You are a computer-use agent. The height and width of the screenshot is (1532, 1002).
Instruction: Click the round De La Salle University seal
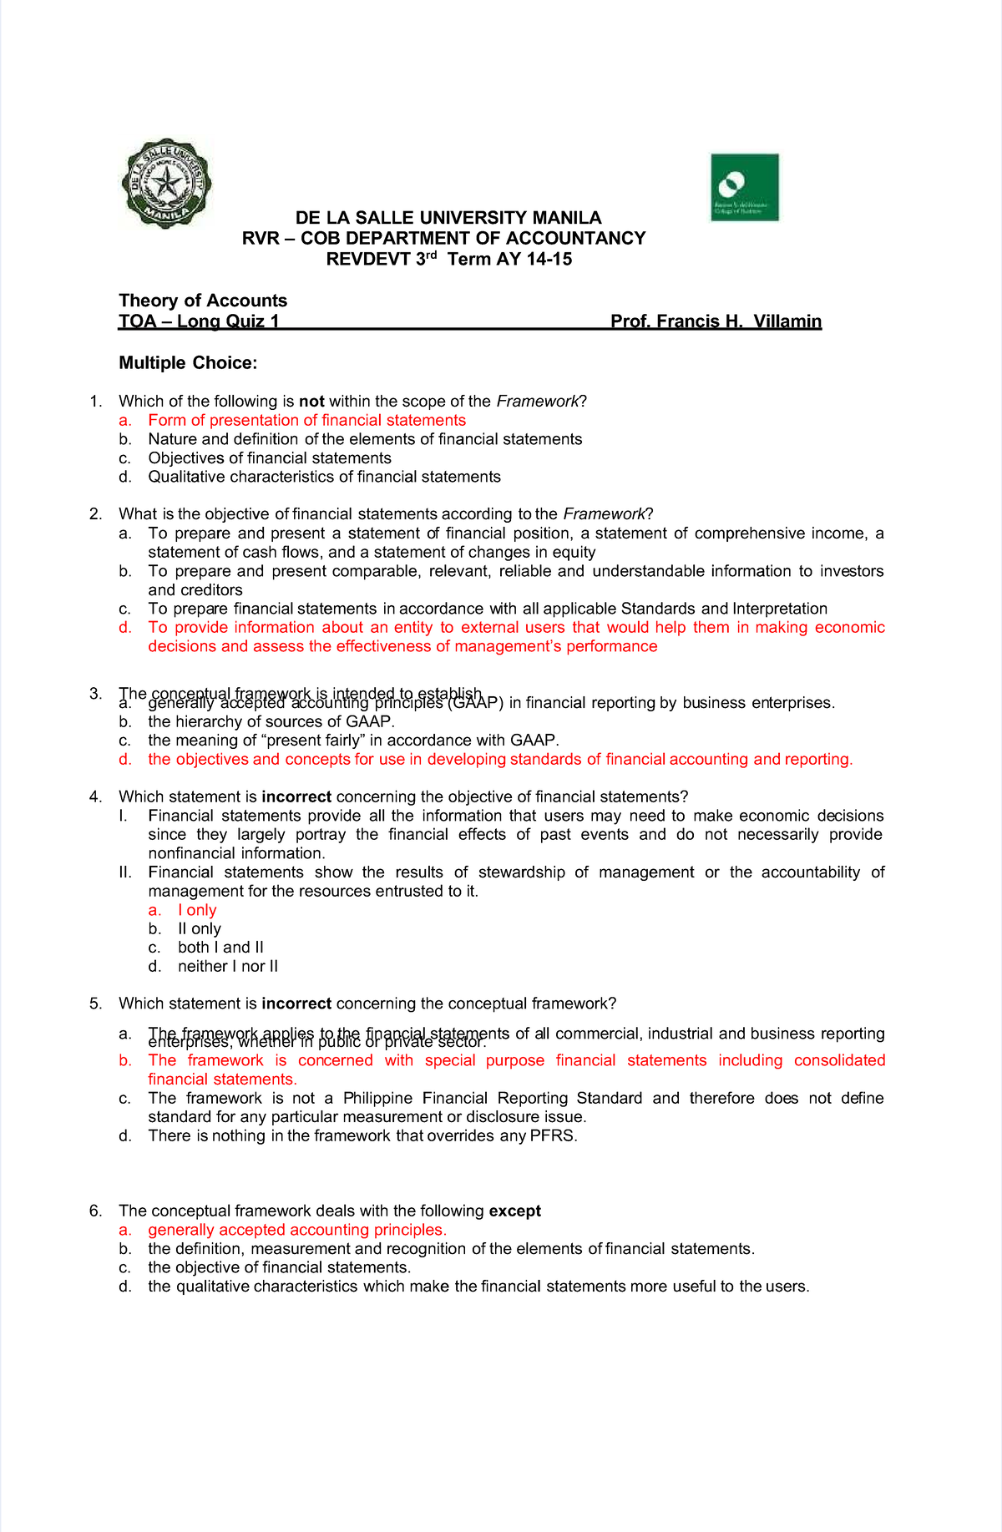click(166, 184)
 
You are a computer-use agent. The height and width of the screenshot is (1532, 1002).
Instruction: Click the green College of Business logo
click(744, 187)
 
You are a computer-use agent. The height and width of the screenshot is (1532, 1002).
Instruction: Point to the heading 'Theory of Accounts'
click(203, 301)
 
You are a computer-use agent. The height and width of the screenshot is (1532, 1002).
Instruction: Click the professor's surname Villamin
click(787, 321)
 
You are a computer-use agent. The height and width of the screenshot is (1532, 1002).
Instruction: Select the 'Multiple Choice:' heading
click(188, 363)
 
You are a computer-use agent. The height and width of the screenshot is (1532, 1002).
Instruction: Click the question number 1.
click(94, 402)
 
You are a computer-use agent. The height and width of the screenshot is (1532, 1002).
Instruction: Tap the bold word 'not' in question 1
click(311, 402)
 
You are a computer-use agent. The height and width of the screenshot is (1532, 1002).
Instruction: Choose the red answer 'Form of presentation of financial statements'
click(306, 421)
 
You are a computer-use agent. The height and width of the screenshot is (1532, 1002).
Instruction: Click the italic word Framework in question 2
click(604, 514)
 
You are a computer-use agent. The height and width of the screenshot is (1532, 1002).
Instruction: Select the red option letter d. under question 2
click(125, 628)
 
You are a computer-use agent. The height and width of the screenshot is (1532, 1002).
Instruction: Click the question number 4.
click(94, 797)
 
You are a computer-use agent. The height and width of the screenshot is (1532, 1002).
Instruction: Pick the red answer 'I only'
click(197, 911)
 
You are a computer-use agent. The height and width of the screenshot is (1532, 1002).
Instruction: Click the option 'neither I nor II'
click(228, 967)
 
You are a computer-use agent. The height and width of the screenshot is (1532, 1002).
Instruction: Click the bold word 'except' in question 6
click(514, 1211)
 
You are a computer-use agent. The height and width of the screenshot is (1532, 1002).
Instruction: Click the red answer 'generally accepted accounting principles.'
click(297, 1231)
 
